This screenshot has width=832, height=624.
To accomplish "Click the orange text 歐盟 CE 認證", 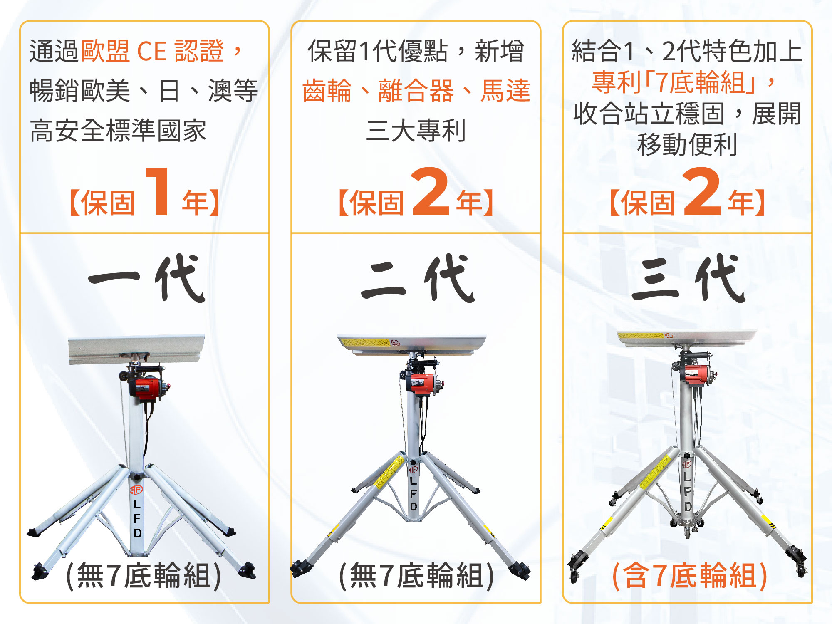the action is pos(153,51).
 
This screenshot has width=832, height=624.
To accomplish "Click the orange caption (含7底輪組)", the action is pos(690,576).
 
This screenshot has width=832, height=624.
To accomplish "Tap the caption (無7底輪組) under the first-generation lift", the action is pos(144,576).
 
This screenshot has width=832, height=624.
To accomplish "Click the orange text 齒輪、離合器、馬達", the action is pos(416,90).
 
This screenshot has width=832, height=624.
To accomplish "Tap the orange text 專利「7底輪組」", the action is pos(674,82).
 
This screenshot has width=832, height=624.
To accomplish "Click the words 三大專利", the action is pos(416,130).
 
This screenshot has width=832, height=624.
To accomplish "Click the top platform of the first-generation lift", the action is pos(136,349).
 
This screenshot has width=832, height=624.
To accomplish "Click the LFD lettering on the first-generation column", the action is pos(137,518).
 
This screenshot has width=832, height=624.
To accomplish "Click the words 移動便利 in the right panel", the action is pos(687,145).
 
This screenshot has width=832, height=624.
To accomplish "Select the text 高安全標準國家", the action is pos(118,130).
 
